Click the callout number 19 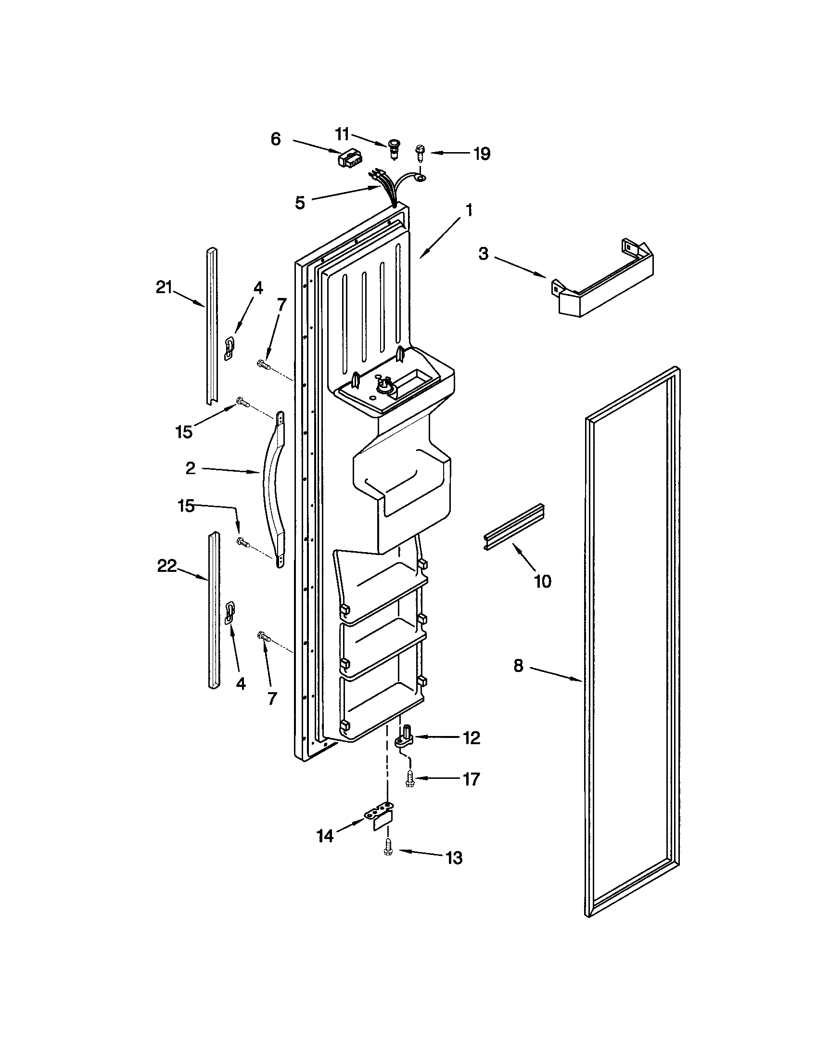[482, 154]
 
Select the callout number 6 [275, 140]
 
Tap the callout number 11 [342, 134]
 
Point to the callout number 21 [164, 288]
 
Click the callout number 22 [166, 566]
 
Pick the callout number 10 [543, 581]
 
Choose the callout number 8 [518, 666]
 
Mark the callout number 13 [454, 858]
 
